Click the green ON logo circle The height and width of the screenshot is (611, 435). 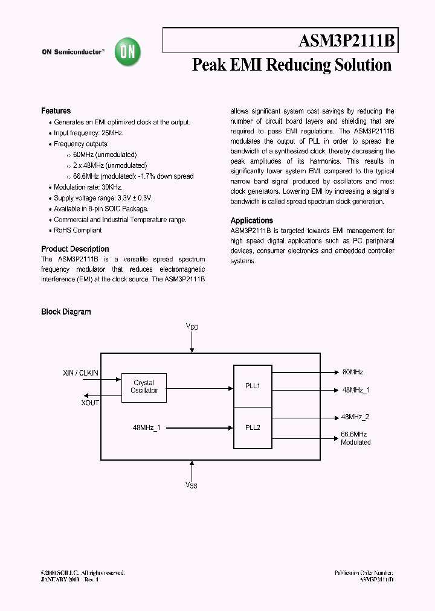tap(128, 53)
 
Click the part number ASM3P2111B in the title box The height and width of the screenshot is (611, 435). tap(346, 41)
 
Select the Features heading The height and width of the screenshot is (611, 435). tap(56, 111)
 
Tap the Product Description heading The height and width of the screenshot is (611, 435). tap(75, 249)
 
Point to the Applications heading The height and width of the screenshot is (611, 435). tap(252, 221)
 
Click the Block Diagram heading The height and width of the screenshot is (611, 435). tap(66, 312)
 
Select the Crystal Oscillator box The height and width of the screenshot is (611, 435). tap(144, 387)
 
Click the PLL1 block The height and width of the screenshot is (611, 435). tap(253, 386)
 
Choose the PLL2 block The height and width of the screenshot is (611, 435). tap(253, 427)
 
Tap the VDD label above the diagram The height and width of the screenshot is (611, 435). tap(192, 327)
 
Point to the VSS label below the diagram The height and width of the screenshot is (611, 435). tap(191, 485)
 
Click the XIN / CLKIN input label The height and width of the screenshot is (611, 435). tap(81, 373)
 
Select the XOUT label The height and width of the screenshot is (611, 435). tap(90, 403)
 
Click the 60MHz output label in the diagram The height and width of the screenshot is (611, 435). tap(352, 373)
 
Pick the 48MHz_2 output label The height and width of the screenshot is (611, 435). tap(355, 417)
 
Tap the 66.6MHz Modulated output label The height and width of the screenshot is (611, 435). tap(355, 438)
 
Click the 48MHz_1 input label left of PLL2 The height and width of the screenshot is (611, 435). tap(147, 427)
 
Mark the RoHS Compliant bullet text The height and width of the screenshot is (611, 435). tap(77, 231)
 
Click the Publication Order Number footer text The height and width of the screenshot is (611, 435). tap(364, 572)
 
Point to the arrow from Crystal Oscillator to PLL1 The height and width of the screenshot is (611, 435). tap(199, 388)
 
